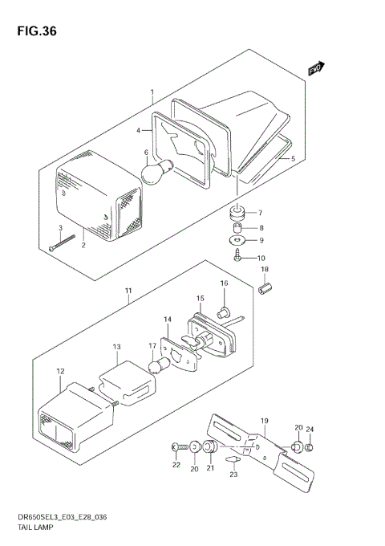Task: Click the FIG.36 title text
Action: [x=37, y=31]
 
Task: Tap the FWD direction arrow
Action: [x=316, y=68]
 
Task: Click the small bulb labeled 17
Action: [x=160, y=366]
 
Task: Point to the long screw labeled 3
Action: [x=63, y=242]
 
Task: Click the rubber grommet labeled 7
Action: [x=237, y=213]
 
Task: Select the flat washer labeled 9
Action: [x=237, y=240]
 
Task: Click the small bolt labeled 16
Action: [x=222, y=313]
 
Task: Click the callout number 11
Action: [x=128, y=291]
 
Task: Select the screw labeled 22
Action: [x=180, y=446]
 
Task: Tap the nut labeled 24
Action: [x=309, y=447]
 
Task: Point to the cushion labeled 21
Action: [x=210, y=447]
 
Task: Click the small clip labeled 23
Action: [x=233, y=459]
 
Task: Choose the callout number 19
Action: [x=265, y=421]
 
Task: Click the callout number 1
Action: [x=152, y=92]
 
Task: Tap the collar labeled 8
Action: [x=237, y=228]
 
